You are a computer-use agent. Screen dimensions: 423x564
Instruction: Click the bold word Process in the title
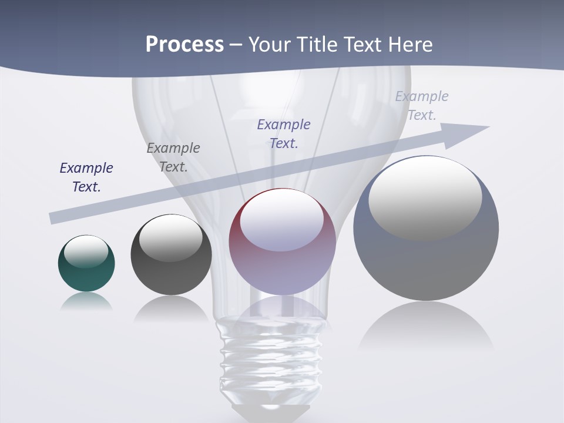tap(184, 45)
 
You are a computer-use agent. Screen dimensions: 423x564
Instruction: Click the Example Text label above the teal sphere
tap(86, 177)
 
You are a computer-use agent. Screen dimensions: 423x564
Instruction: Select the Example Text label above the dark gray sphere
tap(173, 157)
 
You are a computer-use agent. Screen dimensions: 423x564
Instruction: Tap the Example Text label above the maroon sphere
tap(284, 134)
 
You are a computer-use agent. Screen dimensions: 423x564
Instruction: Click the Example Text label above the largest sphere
tap(422, 106)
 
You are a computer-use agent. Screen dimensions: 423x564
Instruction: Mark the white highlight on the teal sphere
tap(86, 251)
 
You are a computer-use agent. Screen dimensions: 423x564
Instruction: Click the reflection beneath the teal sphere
tap(86, 301)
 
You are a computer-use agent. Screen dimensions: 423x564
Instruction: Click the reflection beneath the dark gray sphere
tap(171, 309)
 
